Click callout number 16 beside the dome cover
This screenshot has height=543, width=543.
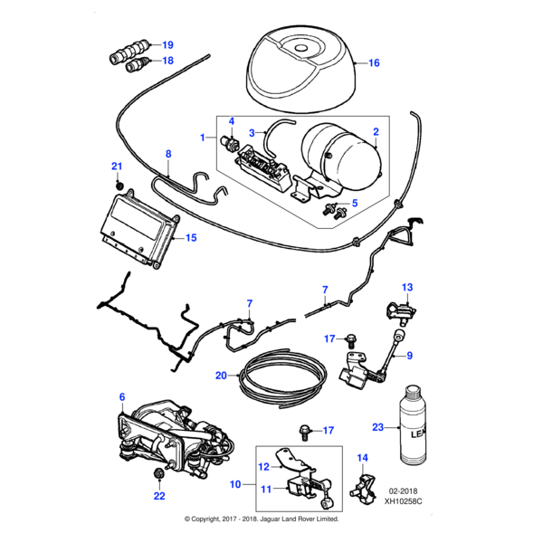point(374,63)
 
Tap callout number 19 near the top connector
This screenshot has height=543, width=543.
point(167,44)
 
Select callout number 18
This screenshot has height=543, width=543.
point(167,61)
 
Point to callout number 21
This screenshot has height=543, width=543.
point(116,166)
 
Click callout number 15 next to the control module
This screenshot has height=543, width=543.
point(190,238)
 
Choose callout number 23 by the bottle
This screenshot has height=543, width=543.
point(378,427)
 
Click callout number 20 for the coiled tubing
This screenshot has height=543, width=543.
point(221,375)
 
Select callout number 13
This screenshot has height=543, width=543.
point(407,287)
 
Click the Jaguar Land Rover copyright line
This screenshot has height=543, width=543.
point(262,519)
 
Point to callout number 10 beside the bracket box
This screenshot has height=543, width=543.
point(235,485)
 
